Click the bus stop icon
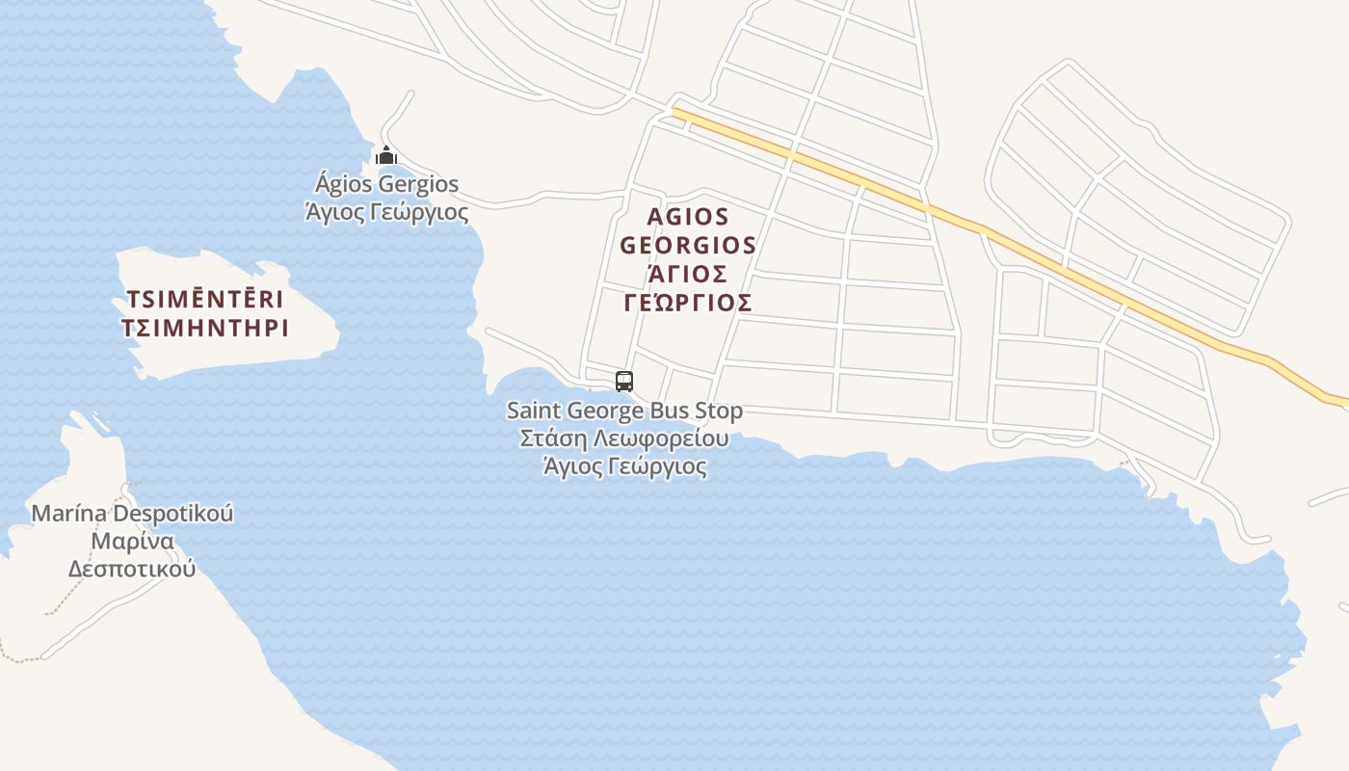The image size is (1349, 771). tap(624, 381)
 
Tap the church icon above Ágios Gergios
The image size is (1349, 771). tap(386, 155)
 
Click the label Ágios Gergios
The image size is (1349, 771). tap(387, 184)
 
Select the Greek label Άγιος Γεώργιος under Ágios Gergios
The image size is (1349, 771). tap(387, 212)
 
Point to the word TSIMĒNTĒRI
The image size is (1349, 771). tap(205, 298)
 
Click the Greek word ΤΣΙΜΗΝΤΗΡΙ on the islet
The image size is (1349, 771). tap(205, 328)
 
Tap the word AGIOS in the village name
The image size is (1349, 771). tap(688, 216)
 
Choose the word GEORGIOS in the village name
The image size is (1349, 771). tap(688, 245)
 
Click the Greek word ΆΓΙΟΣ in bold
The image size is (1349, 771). tap(688, 273)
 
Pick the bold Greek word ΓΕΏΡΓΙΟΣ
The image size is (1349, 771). tap(688, 303)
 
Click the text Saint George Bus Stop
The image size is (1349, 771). tap(624, 412)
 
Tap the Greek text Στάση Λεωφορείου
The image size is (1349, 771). tap(624, 439)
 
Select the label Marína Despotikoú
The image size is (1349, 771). tap(132, 513)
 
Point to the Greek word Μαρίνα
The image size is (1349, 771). tap(132, 541)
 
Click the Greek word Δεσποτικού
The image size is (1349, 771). tap(132, 569)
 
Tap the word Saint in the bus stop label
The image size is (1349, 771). tap(533, 412)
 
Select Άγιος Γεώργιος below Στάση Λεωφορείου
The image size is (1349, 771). tap(624, 468)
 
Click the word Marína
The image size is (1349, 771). tap(69, 513)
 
